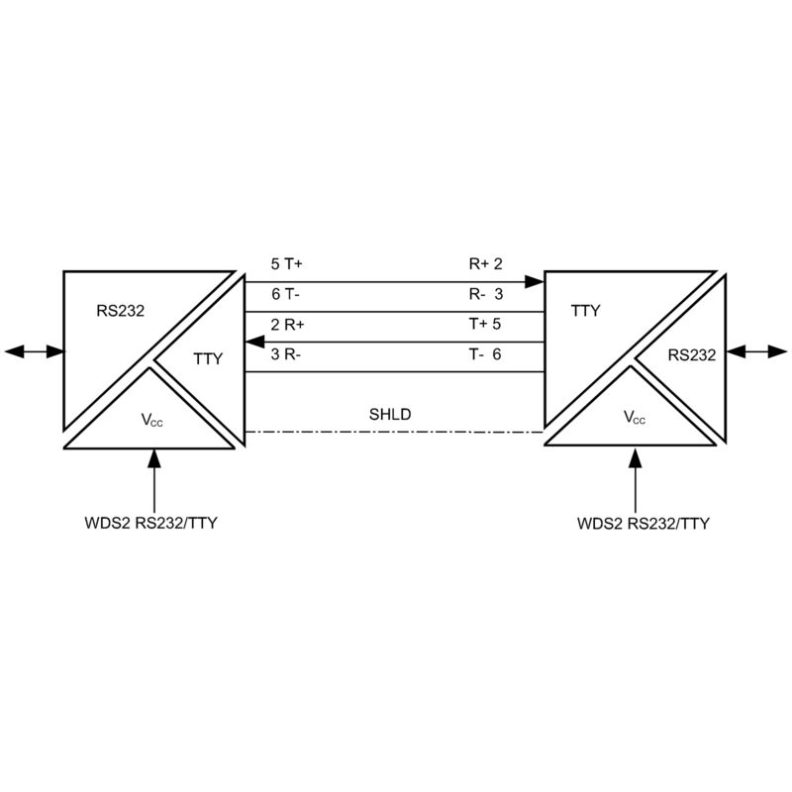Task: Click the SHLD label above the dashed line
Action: coord(390,414)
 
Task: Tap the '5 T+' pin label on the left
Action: coord(286,263)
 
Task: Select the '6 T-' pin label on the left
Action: coord(285,294)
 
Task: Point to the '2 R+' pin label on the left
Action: coord(287,325)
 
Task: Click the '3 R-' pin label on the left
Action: coord(286,354)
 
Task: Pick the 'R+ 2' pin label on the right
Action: coord(486,263)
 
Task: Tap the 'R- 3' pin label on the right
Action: coord(486,294)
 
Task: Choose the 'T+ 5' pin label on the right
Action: coord(485,324)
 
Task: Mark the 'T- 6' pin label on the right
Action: coord(485,354)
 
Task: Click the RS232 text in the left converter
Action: coord(120,311)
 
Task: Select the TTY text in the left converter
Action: coord(208,359)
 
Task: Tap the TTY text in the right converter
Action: coord(585,311)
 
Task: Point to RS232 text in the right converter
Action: coord(692,355)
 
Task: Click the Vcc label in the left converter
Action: coord(152,420)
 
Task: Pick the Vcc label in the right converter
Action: coord(635,417)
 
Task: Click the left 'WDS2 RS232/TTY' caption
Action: coord(151,523)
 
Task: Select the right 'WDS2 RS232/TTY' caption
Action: coord(643,524)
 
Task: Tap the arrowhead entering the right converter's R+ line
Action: coord(535,282)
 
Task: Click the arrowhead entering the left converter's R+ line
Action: coord(254,342)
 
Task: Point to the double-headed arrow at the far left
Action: coord(35,351)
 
